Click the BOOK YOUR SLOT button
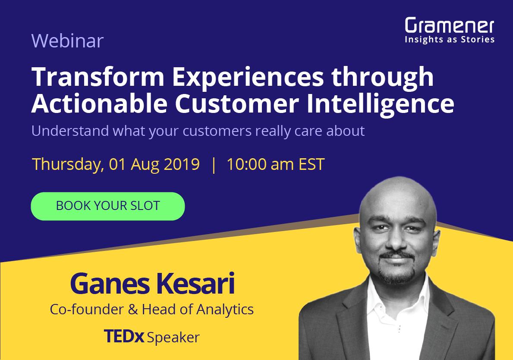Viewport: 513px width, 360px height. click(x=108, y=206)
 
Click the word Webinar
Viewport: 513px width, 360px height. click(x=67, y=41)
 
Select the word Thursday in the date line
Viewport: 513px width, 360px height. click(x=68, y=165)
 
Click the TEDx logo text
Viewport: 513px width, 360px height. click(x=124, y=336)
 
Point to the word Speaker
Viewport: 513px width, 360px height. click(x=173, y=337)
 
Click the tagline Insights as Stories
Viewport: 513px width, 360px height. click(x=449, y=40)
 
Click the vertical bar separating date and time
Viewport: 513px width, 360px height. click(x=213, y=165)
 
